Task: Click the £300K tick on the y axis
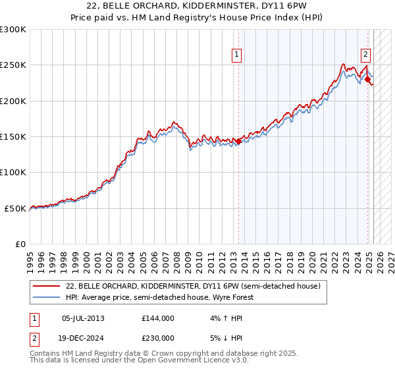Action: [x=13, y=30]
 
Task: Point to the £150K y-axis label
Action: [x=13, y=136]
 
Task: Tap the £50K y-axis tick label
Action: [x=15, y=208]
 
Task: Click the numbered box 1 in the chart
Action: [x=236, y=55]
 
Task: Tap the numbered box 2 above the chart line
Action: [x=365, y=55]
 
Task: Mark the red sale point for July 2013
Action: [x=238, y=141]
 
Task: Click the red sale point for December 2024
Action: [x=367, y=80]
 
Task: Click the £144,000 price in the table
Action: [x=157, y=318]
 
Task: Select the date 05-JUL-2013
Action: [x=83, y=318]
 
